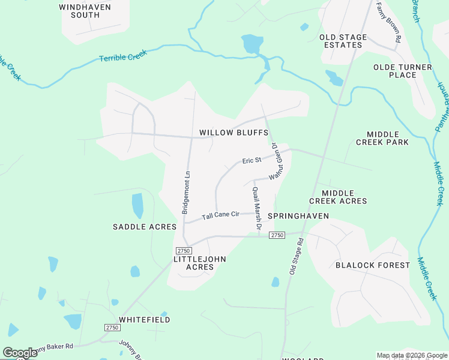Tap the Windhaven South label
(80, 11)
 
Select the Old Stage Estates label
(343, 41)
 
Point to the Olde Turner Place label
(394, 71)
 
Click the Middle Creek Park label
(382, 138)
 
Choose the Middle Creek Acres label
(337, 197)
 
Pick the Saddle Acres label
(145, 227)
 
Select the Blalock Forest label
(372, 265)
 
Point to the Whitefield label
(144, 320)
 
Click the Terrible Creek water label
(123, 57)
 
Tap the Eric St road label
(252, 161)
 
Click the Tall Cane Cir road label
(220, 215)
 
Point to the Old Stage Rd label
(297, 256)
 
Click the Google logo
(20, 353)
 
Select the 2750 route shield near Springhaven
(276, 235)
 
